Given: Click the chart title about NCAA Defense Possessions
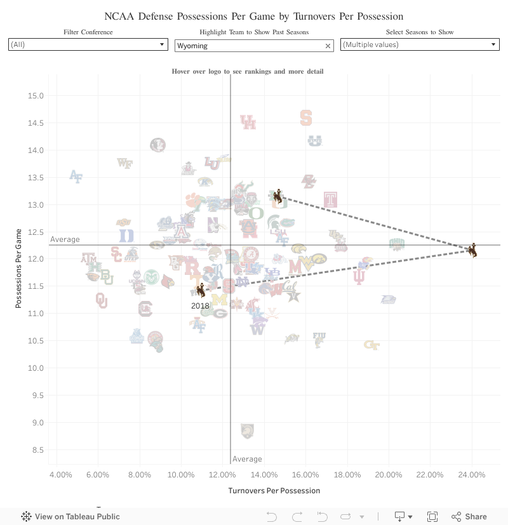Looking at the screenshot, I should tap(254, 16).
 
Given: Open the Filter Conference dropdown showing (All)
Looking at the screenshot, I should tap(88, 45).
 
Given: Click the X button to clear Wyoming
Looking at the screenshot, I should tap(328, 46).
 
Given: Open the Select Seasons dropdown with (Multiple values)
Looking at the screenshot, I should tap(420, 45).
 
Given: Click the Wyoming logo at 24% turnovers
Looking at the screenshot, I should tap(472, 250).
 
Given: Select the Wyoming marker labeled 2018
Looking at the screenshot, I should tap(201, 290).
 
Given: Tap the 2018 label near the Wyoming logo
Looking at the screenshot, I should tap(200, 306).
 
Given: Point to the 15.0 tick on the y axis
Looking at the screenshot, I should tap(36, 96).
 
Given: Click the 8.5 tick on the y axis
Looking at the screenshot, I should tap(37, 450).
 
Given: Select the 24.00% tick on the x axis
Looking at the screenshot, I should tap(472, 475).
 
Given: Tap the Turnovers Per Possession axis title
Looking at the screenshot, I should tap(274, 491).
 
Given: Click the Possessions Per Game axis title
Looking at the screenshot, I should tap(19, 269).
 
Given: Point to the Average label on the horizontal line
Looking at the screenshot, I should tap(65, 239).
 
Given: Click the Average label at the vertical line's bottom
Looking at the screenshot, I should tap(247, 459).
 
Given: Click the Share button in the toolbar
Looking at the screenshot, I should tap(469, 517).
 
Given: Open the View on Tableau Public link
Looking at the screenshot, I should tap(70, 517).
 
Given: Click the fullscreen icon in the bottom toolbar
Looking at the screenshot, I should tap(432, 517).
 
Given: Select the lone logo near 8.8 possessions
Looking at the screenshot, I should tap(247, 432).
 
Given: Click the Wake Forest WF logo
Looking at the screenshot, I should tap(125, 163).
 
